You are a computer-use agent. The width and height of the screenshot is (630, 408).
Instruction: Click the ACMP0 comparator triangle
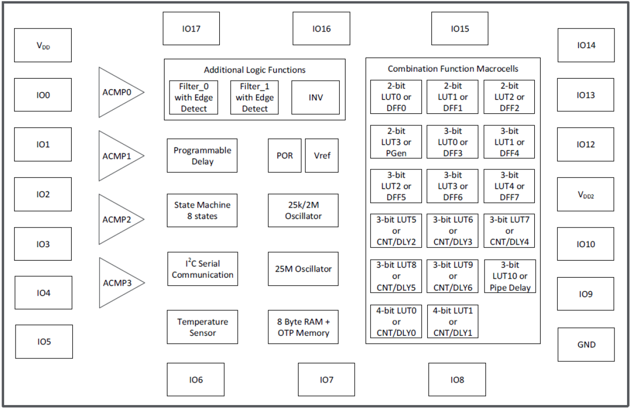point(118,92)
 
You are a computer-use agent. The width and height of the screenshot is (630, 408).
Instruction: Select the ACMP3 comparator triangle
point(118,283)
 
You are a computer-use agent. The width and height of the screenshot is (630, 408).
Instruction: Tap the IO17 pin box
point(191,29)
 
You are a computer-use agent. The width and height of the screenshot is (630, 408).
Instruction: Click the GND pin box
point(586,344)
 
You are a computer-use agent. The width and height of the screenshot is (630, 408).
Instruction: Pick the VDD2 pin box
point(585,194)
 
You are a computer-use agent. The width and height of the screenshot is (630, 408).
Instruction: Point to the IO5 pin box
point(44,341)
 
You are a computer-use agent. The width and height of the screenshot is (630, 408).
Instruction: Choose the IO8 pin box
point(457,379)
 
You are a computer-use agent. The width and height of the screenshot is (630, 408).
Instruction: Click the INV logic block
point(315,97)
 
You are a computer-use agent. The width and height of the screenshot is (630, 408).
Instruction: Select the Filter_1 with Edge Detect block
point(254,97)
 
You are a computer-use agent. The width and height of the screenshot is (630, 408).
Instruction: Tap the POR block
point(285,155)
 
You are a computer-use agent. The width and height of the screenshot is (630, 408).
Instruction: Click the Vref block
point(322,155)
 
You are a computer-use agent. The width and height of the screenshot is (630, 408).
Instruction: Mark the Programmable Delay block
point(202,156)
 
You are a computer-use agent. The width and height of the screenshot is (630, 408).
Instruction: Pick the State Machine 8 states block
point(202,211)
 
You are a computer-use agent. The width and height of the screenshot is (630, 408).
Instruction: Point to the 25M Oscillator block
point(303,269)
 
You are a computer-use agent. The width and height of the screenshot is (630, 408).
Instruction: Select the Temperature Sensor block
point(202,327)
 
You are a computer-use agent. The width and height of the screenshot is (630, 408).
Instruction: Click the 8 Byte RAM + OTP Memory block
point(303,327)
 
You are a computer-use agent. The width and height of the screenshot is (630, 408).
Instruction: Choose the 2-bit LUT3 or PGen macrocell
point(396,142)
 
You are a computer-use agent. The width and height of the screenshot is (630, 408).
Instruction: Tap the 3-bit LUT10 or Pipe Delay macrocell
point(510,276)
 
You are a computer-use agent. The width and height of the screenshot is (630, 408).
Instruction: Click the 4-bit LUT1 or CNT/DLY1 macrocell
point(453,321)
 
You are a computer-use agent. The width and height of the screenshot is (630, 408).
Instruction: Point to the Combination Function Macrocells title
point(453,69)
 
